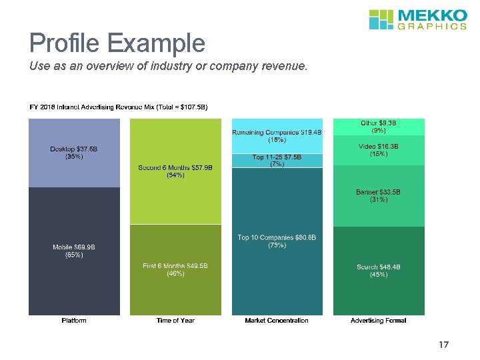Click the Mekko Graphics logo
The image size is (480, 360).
tap(417, 19)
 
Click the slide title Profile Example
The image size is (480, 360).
tap(117, 43)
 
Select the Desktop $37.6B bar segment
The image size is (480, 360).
tap(74, 153)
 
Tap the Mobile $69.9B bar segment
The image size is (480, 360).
tap(74, 251)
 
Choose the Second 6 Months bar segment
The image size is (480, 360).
tap(175, 171)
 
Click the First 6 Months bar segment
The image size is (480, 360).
tap(175, 270)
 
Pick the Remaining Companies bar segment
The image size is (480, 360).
tap(277, 136)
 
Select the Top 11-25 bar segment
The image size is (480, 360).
tap(277, 161)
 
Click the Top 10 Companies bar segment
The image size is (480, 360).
tap(277, 241)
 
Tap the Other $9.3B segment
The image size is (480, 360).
tap(379, 127)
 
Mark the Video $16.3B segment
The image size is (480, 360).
tap(379, 150)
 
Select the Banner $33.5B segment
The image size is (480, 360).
tap(379, 196)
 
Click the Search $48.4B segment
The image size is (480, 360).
tap(379, 271)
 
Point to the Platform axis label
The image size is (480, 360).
tap(74, 321)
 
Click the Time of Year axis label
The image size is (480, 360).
tap(175, 321)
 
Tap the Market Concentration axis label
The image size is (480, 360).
tap(277, 321)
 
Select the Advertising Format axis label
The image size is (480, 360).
tap(379, 321)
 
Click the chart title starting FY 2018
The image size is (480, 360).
tap(119, 107)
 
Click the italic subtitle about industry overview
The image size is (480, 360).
tap(168, 66)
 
